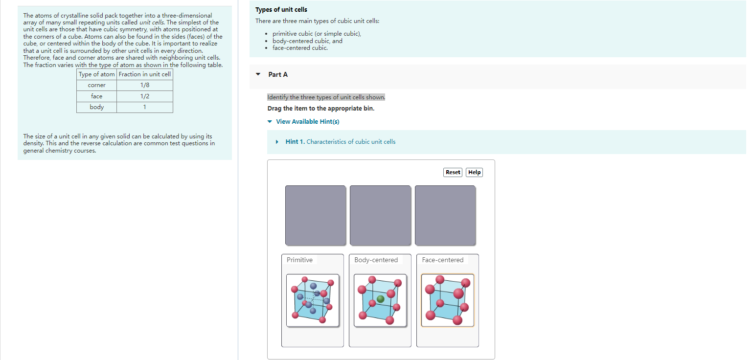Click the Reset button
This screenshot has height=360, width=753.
(x=453, y=172)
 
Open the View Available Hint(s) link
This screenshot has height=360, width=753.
(x=307, y=121)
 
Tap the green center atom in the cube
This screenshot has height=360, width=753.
(x=381, y=299)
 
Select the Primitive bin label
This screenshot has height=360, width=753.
(x=299, y=260)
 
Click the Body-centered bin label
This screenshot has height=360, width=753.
(x=376, y=260)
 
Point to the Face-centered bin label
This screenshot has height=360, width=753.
(x=442, y=260)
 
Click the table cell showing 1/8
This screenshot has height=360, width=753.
(x=144, y=85)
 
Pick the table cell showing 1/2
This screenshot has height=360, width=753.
(x=144, y=96)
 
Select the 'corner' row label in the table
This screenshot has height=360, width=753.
(x=96, y=85)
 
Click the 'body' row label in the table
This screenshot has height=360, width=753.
(x=96, y=107)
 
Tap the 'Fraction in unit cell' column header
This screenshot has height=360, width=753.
(x=144, y=74)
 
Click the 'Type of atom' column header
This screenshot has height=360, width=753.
(x=96, y=74)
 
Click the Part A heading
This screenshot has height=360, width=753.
(x=278, y=74)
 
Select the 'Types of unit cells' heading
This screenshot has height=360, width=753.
(x=281, y=10)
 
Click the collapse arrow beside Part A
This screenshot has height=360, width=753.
(x=258, y=74)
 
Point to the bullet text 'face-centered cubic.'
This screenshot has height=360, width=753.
(x=300, y=48)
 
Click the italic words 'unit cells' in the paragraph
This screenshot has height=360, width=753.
(x=152, y=22)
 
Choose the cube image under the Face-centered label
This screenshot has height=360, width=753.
(x=447, y=300)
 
